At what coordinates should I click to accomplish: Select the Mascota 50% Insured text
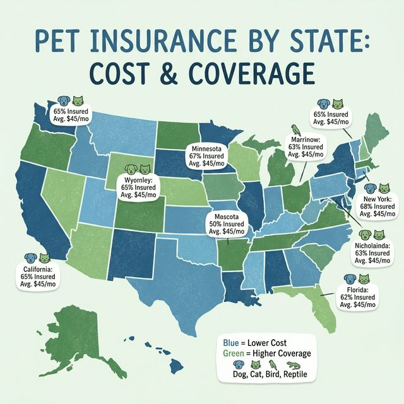coord(226,223)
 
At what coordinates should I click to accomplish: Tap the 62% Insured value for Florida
coord(358,296)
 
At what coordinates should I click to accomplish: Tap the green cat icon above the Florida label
coord(364,279)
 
